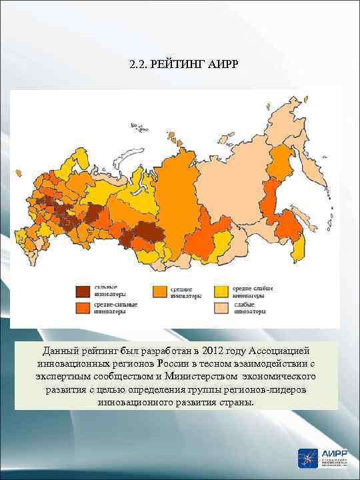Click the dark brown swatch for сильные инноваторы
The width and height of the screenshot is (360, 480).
click(83, 291)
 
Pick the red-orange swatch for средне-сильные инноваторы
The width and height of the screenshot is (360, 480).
click(83, 308)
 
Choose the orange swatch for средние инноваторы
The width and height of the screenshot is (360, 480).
click(160, 291)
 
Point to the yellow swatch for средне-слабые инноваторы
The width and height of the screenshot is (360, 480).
click(221, 291)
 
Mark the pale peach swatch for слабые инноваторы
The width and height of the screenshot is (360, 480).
click(221, 308)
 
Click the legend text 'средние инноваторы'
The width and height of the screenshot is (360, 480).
click(185, 292)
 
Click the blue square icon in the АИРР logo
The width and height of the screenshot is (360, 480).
click(308, 459)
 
